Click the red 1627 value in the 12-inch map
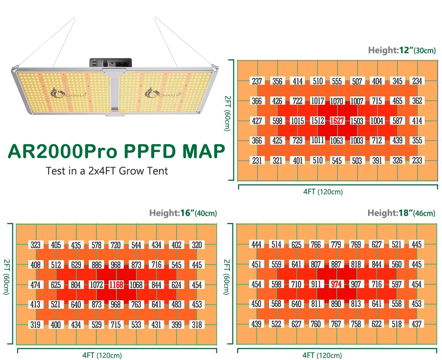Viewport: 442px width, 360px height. (x=337, y=121)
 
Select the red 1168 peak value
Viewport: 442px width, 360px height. (x=116, y=285)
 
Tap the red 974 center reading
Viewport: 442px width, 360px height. (x=336, y=284)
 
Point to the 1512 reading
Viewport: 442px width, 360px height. (x=317, y=121)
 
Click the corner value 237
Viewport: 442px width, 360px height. (x=257, y=81)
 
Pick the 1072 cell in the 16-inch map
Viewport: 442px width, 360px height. (x=96, y=285)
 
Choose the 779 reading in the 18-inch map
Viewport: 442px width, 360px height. (x=336, y=245)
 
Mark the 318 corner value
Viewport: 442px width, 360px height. (x=197, y=325)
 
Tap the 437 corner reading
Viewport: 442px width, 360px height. (x=417, y=324)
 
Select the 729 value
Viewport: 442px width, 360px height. (x=297, y=141)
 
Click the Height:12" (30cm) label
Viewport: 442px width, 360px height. (x=402, y=50)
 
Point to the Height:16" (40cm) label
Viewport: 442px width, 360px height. (x=183, y=213)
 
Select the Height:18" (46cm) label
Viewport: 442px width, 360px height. (x=401, y=213)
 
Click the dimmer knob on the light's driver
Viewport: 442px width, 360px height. (x=105, y=64)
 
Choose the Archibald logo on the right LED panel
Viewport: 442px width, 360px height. (x=162, y=93)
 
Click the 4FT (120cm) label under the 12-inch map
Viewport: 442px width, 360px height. (x=323, y=192)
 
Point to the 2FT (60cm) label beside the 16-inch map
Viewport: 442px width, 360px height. (x=7, y=277)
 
